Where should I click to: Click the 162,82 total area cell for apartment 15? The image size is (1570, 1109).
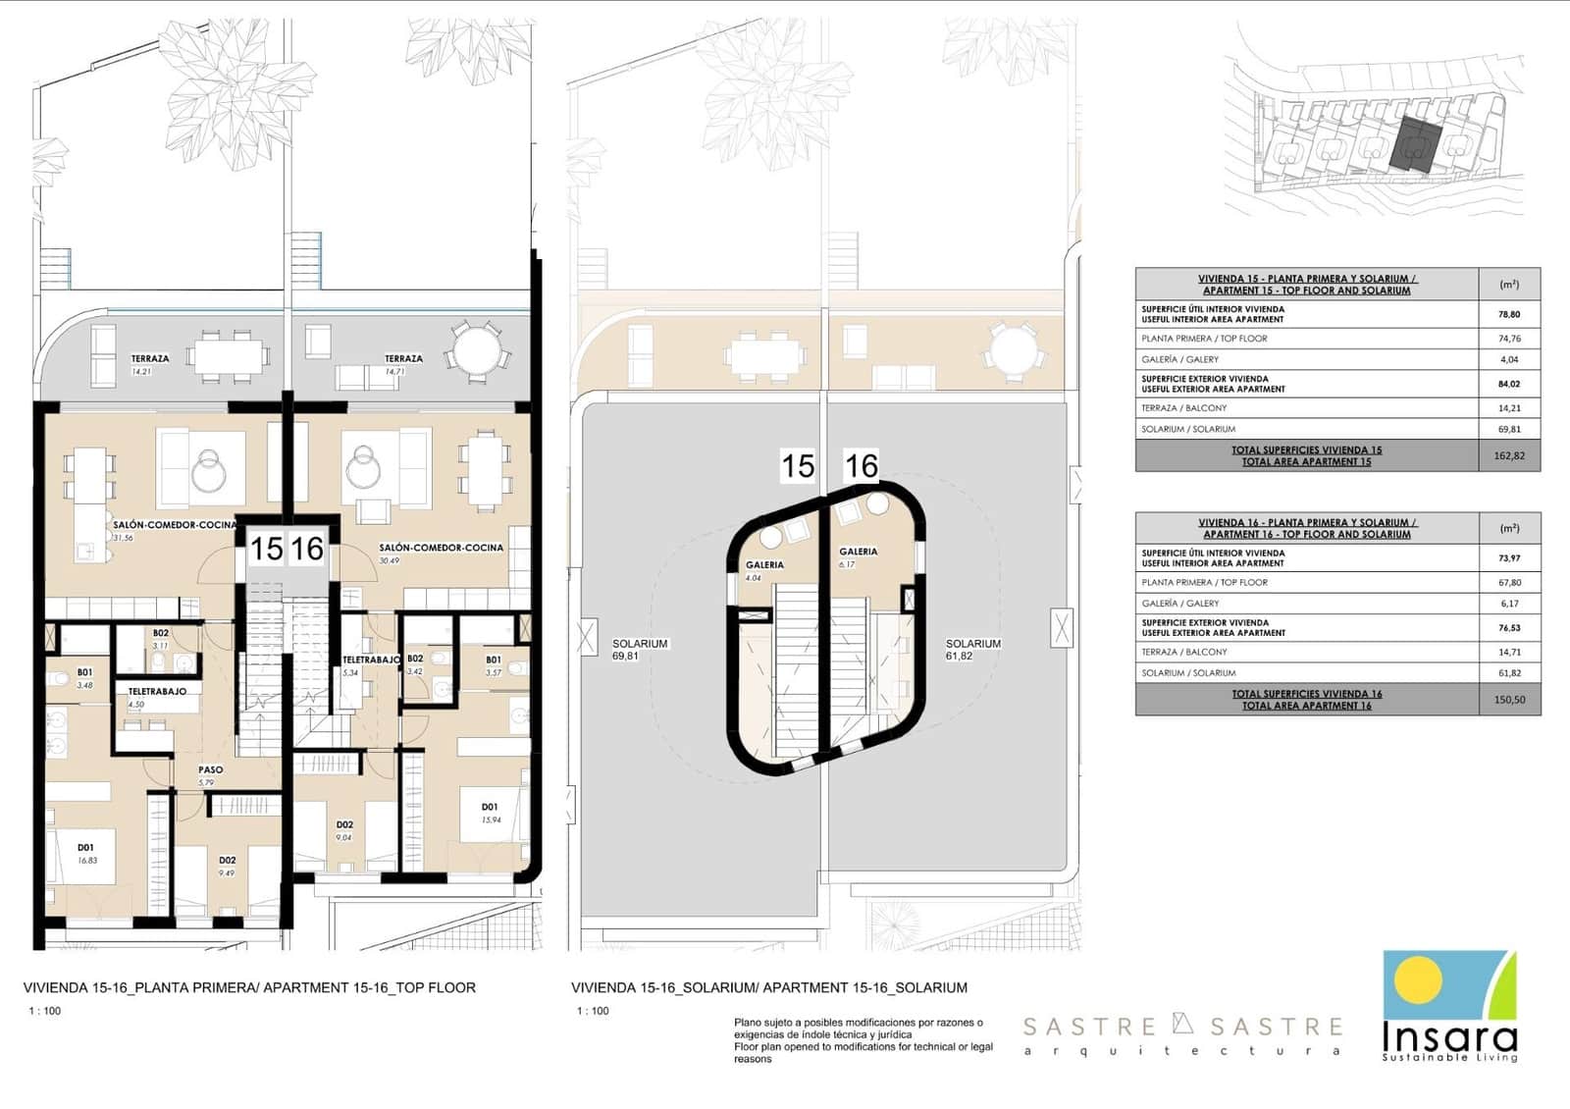coord(1508,455)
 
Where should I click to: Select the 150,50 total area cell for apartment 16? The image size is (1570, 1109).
coord(1508,700)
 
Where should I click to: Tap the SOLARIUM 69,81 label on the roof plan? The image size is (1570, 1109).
coord(639,650)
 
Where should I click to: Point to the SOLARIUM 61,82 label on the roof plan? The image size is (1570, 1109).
coord(972,650)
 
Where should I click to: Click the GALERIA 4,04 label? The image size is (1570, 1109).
coord(763,570)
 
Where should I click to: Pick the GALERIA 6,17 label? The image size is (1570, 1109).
coord(858,557)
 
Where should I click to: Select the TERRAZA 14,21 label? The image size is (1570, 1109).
coord(149,364)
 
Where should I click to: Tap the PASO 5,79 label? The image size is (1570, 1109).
coord(209,775)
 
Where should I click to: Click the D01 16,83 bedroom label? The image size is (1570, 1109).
coord(86,853)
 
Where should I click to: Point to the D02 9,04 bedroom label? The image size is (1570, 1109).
coord(344,830)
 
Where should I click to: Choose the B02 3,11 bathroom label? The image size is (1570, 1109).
coord(160,639)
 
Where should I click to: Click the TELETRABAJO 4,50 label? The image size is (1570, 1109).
coord(157,697)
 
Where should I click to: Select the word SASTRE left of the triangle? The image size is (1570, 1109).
coord(1089,1028)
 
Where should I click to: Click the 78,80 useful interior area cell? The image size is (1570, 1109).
coord(1508,314)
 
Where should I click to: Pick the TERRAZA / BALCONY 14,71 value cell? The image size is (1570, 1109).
coord(1508,652)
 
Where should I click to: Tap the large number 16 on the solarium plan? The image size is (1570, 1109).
coord(861,465)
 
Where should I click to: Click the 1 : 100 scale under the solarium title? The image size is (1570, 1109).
coord(593,1011)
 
